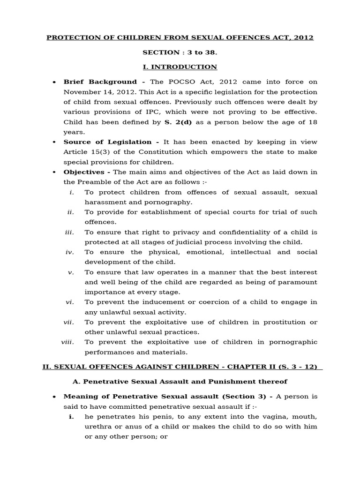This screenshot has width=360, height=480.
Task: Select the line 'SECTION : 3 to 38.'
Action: click(x=180, y=52)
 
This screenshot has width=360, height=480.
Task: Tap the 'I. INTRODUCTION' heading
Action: click(x=180, y=67)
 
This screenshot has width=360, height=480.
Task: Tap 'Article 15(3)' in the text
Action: click(x=84, y=152)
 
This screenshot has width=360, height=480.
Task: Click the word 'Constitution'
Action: click(x=160, y=152)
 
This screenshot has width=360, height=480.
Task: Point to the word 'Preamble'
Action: click(x=101, y=182)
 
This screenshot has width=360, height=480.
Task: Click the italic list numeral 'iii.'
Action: click(x=70, y=232)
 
